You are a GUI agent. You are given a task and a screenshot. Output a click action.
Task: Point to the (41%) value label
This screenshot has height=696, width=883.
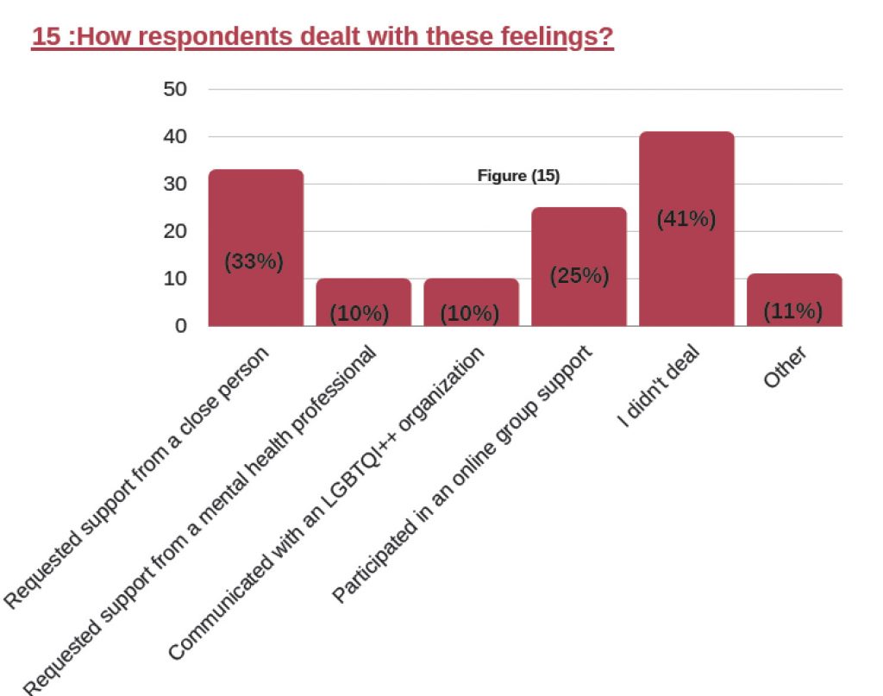pyautogui.click(x=686, y=219)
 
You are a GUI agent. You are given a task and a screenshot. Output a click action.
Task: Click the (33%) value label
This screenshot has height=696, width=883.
pyautogui.click(x=254, y=262)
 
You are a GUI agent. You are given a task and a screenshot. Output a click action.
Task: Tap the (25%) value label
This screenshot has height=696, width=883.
pyautogui.click(x=579, y=276)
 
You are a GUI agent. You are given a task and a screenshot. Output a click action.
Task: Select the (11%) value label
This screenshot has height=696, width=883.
pyautogui.click(x=793, y=310)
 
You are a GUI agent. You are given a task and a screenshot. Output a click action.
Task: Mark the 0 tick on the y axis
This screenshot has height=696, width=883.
pyautogui.click(x=180, y=326)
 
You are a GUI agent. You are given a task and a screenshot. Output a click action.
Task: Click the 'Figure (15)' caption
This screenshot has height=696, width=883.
pyautogui.click(x=518, y=176)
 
